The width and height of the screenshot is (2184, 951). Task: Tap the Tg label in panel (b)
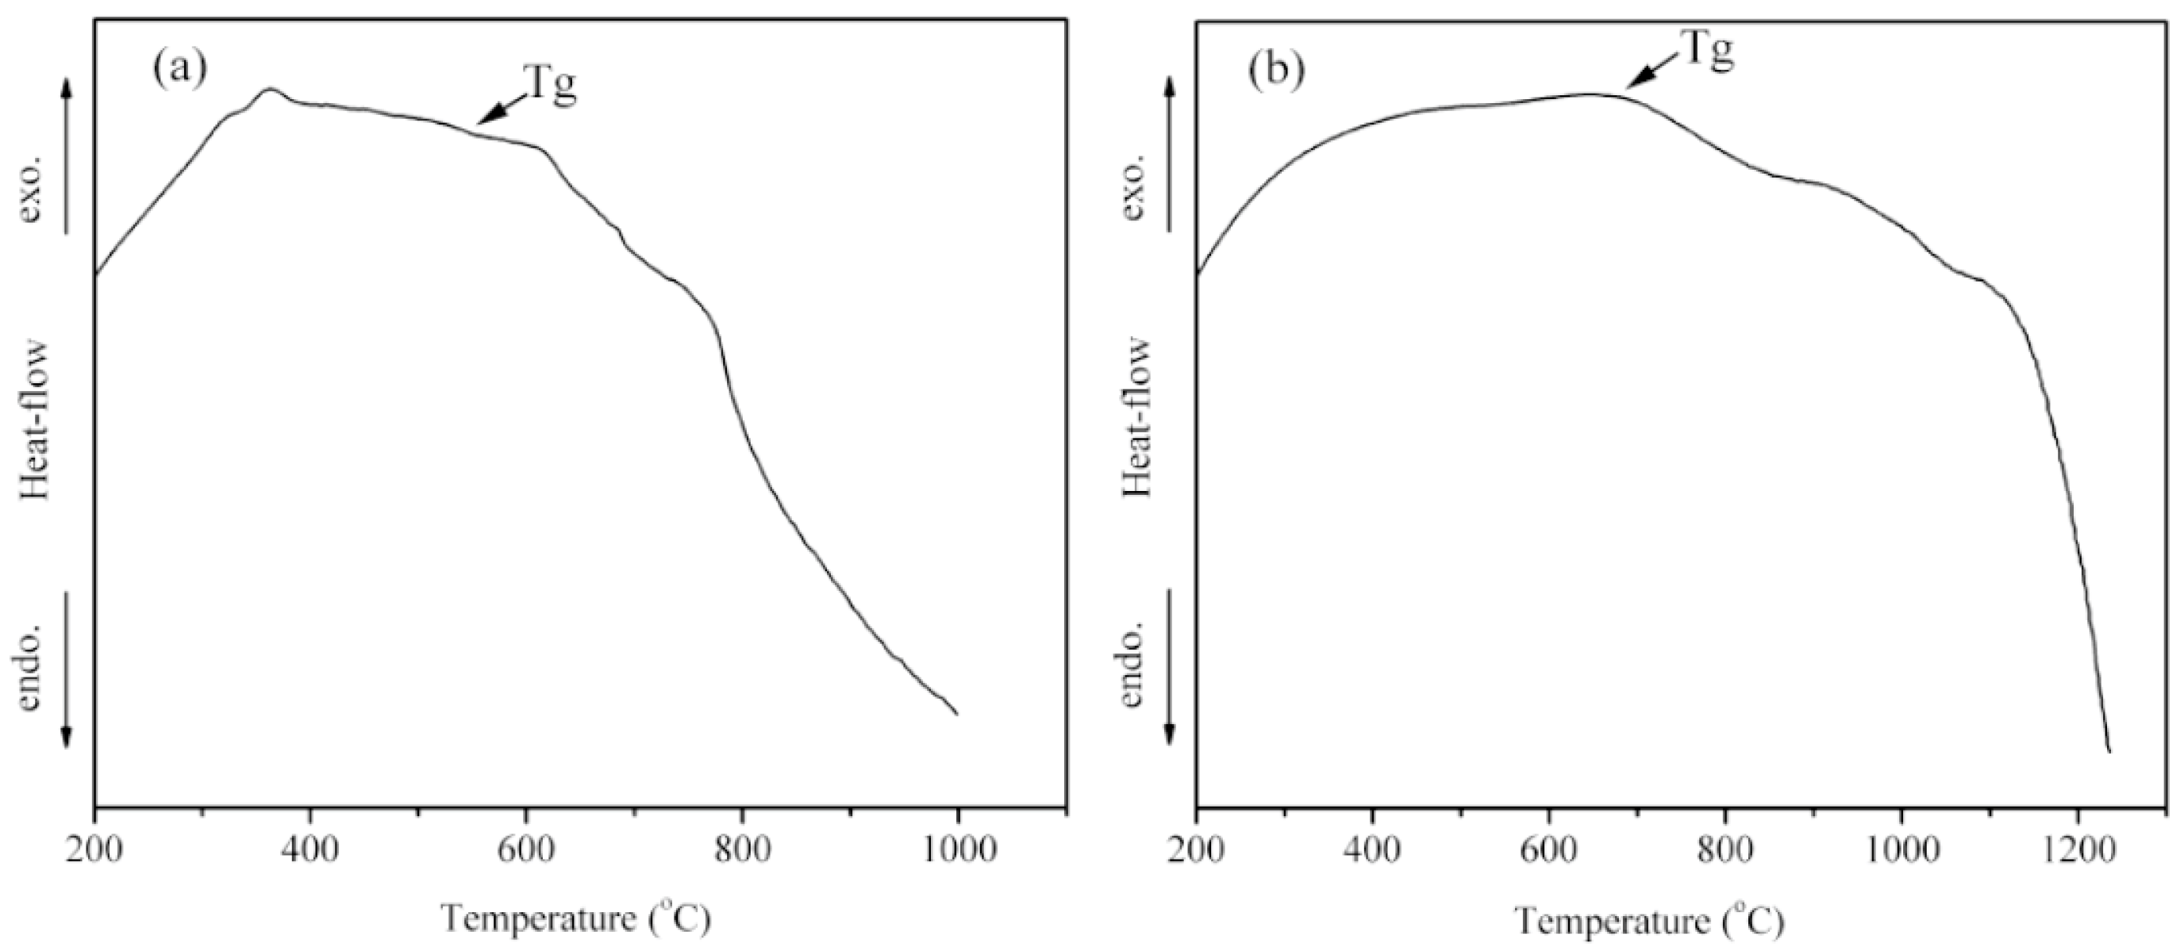point(1705,51)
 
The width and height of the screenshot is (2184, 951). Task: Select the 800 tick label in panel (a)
point(742,849)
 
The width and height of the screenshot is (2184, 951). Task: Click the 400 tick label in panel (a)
point(310,849)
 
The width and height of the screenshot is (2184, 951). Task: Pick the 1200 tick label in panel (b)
point(2077,849)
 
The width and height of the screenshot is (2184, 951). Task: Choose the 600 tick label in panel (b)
point(1548,849)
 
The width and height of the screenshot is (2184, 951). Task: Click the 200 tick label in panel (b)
point(1195,849)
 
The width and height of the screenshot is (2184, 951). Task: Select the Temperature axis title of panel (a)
point(575,918)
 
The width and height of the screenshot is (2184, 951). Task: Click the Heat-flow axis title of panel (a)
point(34,420)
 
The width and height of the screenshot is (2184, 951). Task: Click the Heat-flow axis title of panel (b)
point(1137,418)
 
